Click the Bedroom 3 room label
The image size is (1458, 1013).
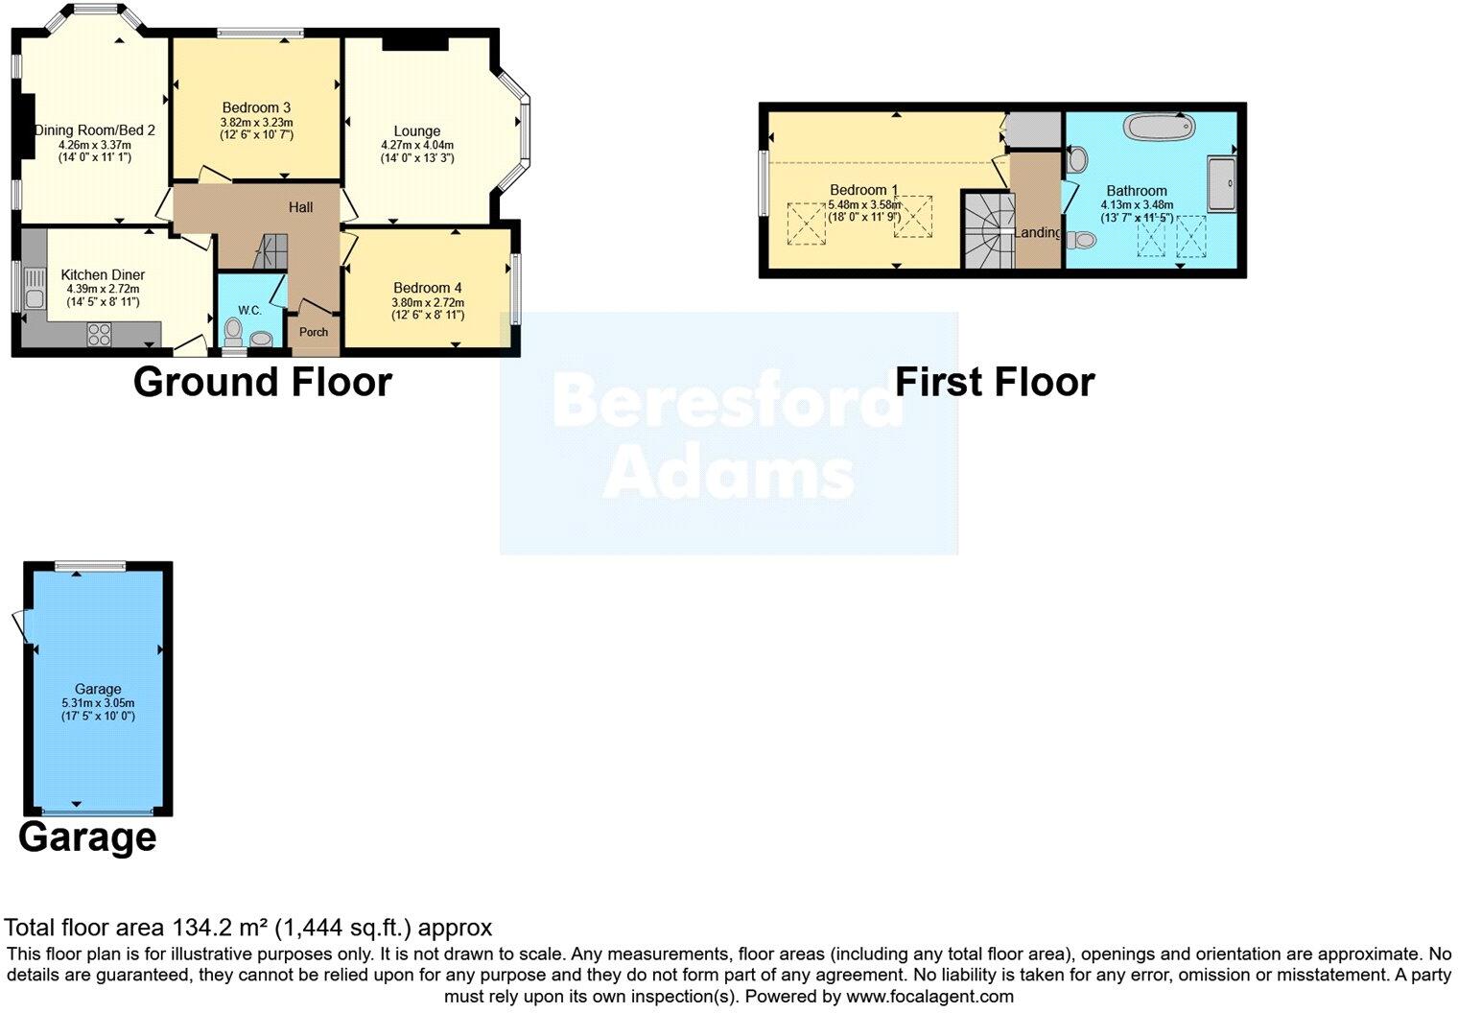(256, 107)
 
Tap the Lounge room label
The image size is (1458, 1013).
(416, 131)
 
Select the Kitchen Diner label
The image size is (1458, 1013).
(103, 274)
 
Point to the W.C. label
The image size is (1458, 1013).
(249, 310)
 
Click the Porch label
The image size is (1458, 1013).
(314, 332)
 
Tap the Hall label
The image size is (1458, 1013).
(301, 207)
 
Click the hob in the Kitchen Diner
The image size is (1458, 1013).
(100, 333)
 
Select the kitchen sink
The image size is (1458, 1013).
(35, 288)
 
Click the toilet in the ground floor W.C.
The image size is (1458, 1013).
(232, 331)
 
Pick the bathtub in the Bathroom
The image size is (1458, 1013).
(1159, 127)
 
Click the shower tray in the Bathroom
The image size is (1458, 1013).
(1220, 183)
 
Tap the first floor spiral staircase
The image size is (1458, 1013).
(988, 231)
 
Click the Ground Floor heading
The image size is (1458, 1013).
(262, 382)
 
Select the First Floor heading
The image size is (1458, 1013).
(994, 382)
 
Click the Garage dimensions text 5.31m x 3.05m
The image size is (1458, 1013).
(98, 702)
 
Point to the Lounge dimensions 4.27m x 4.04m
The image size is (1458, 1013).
(416, 146)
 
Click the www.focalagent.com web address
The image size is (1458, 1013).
(929, 996)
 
